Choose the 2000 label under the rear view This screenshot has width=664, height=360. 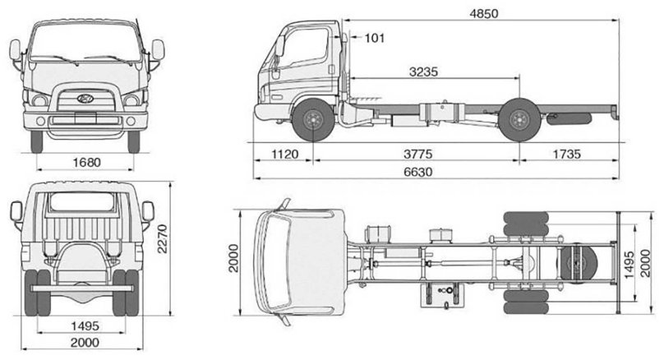[85, 343]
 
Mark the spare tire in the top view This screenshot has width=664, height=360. [582, 265]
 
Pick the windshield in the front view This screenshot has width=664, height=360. [85, 41]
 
